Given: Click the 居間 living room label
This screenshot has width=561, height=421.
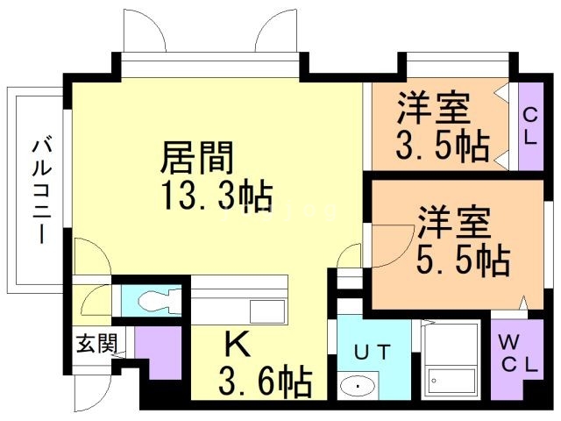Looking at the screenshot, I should click(x=197, y=159).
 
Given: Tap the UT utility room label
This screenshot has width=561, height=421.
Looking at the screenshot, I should click(x=370, y=352).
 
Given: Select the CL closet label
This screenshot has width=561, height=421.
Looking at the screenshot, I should click(x=531, y=125).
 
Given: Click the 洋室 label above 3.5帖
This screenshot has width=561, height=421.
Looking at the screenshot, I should click(x=434, y=109).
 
